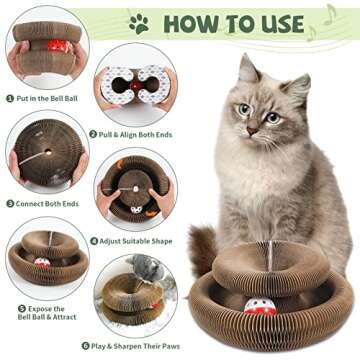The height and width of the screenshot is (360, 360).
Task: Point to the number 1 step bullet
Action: [x=9, y=98]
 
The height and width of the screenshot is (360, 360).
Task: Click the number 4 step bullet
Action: [x=94, y=240]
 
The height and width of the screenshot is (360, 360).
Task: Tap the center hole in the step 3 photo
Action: [x=46, y=154]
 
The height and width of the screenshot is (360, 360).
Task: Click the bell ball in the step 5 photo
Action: [x=43, y=261]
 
